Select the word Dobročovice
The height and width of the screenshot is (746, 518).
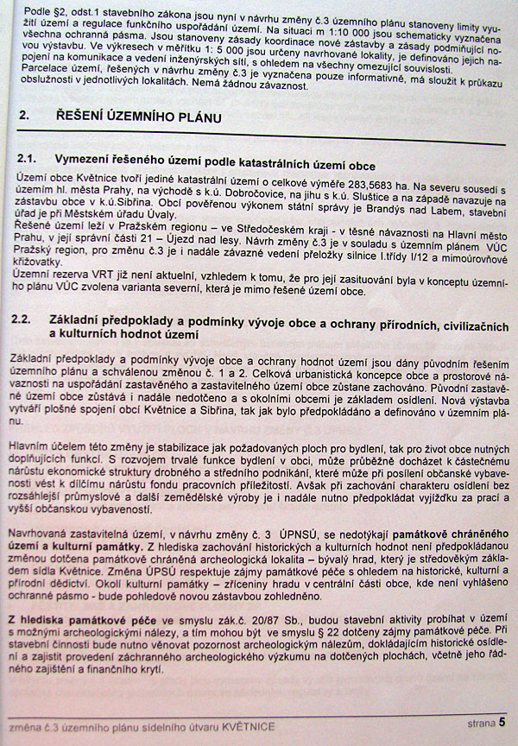226,197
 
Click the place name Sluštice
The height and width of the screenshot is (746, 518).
365,197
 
